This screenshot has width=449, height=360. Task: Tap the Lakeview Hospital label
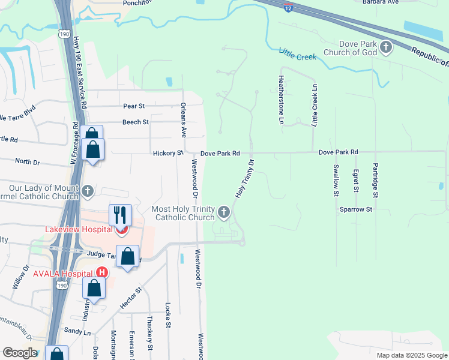79,229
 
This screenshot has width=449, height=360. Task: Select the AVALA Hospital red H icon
103,272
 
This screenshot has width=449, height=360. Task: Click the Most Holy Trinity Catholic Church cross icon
224,211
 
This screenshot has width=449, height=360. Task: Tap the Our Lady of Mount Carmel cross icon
88,191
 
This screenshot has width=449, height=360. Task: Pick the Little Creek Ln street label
314,105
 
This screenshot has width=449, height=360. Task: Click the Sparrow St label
357,210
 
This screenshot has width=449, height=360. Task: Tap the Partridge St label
375,180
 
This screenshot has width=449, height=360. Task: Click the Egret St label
355,181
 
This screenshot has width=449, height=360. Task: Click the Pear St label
134,106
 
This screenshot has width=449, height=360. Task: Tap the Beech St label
135,122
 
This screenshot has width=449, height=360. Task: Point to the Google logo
19,353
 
